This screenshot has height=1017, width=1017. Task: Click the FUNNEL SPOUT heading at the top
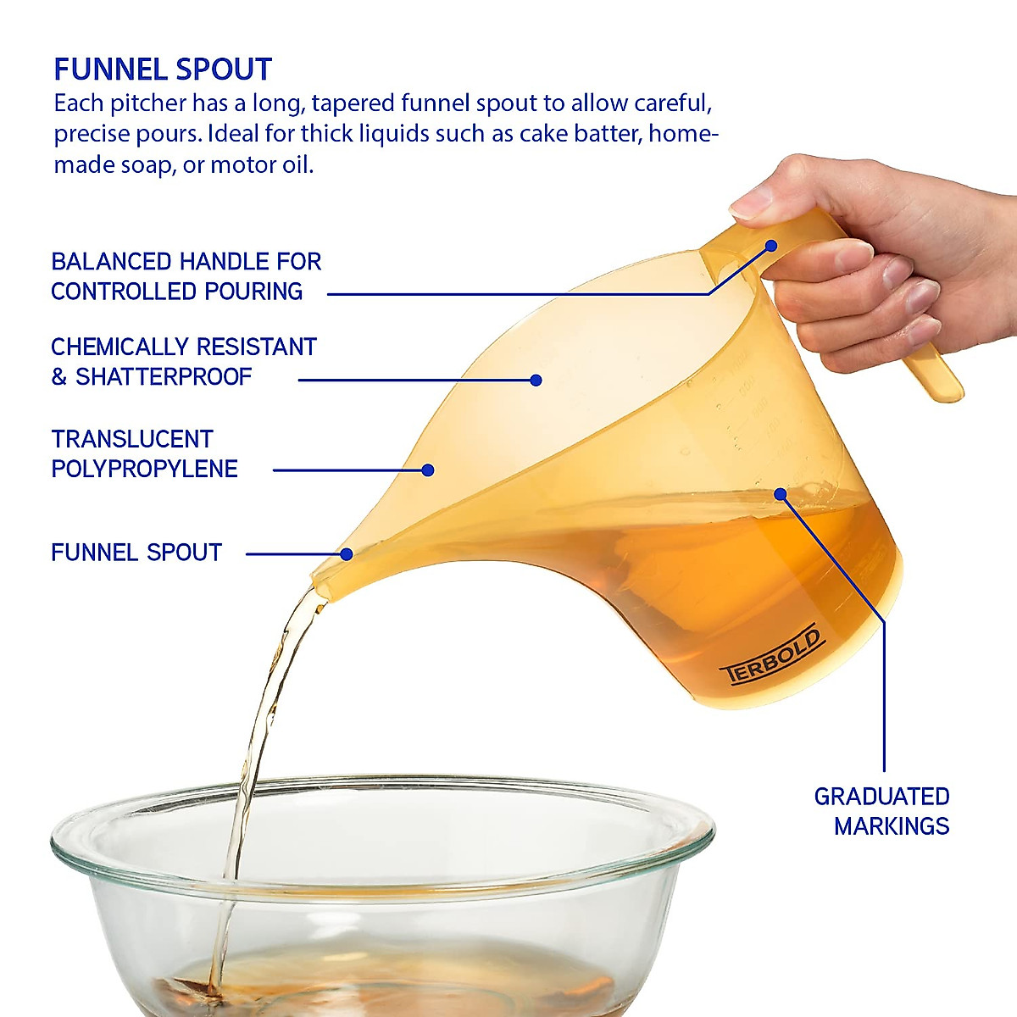click(163, 69)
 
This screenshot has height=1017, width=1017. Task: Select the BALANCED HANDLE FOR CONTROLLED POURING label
click(186, 276)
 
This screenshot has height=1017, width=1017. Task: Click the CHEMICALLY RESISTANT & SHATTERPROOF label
click(183, 362)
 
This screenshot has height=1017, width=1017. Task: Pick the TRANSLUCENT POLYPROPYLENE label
click(144, 454)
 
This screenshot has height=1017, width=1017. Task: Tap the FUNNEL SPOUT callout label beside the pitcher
click(136, 553)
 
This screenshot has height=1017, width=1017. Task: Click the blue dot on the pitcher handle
click(771, 246)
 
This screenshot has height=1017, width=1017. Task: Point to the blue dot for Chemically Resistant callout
click(536, 381)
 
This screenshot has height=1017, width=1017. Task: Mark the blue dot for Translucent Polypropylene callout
click(428, 470)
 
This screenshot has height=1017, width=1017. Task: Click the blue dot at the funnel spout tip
click(347, 554)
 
